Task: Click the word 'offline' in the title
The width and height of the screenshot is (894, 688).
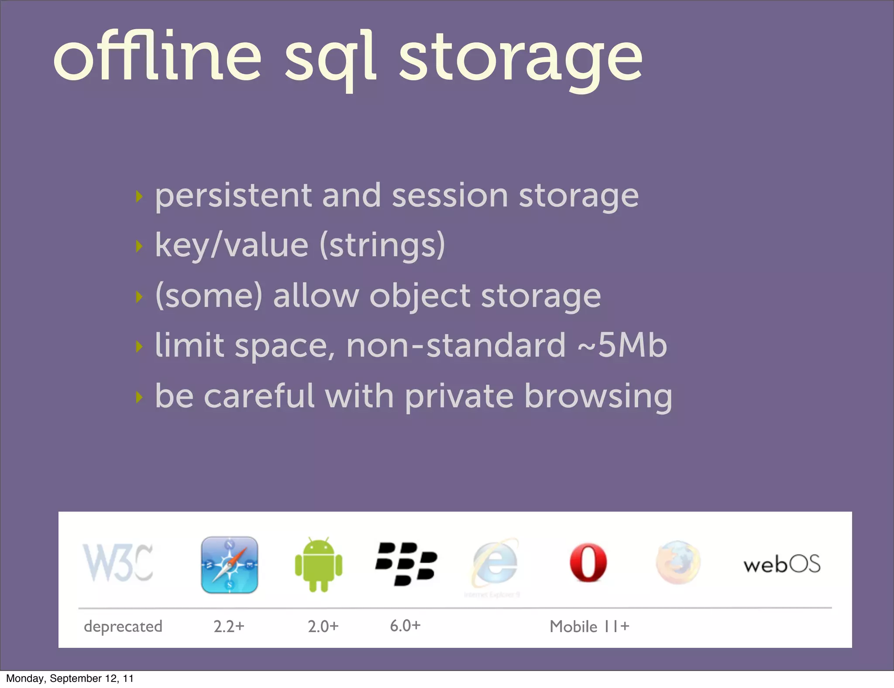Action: click(x=157, y=57)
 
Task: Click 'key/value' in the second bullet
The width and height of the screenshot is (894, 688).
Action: click(x=232, y=245)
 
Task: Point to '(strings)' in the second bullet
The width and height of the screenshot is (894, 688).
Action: click(x=382, y=245)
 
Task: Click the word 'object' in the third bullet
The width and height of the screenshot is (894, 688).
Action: click(x=420, y=297)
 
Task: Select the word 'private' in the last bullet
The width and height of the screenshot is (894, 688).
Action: click(x=459, y=396)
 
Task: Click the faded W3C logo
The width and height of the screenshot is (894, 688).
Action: click(x=118, y=563)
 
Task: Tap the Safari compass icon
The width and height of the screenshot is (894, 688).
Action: click(x=230, y=565)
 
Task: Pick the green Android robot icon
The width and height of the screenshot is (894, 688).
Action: click(x=319, y=565)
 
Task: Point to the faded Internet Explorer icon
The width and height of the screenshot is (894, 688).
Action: click(x=495, y=563)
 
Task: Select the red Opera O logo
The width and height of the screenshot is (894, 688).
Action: click(x=588, y=563)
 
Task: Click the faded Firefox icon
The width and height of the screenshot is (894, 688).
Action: click(x=678, y=563)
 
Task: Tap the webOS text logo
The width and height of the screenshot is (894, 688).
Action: click(x=782, y=564)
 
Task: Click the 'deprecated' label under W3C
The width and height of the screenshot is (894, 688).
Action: click(x=123, y=627)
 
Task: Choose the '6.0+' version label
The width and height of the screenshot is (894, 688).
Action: click(x=405, y=626)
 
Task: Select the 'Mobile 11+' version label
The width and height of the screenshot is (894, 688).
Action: click(x=589, y=627)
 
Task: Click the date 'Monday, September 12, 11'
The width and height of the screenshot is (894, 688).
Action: click(x=70, y=678)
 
